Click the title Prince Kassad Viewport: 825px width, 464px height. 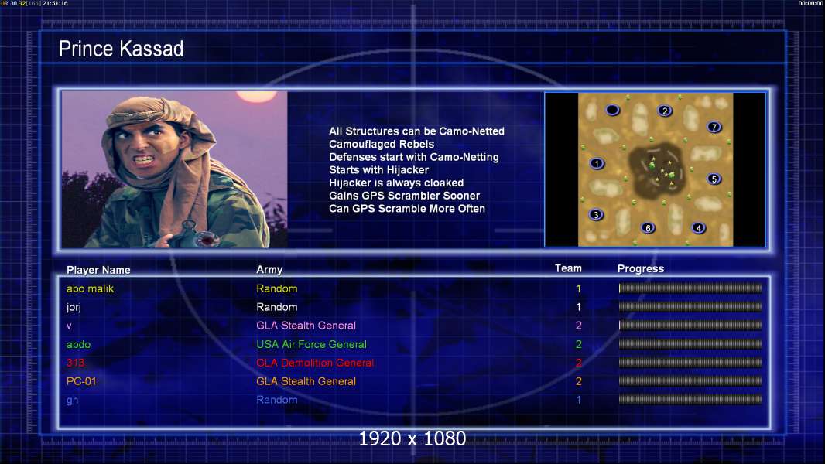coord(121,49)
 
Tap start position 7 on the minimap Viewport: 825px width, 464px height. coord(714,127)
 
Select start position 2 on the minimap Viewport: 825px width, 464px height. coord(665,111)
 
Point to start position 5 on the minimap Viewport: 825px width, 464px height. coord(714,179)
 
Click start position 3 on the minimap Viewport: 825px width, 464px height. coord(596,214)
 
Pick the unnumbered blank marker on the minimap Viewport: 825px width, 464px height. coord(612,110)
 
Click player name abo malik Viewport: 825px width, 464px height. coord(90,288)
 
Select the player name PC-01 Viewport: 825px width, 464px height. coord(81,381)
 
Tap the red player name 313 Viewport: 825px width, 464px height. coord(75,363)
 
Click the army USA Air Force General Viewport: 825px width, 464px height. coord(311,344)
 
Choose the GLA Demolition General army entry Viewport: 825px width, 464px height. coord(315,363)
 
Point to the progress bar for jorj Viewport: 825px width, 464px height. coord(690,306)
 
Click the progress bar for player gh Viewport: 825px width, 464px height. coord(690,399)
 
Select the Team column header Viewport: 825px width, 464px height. coord(568,268)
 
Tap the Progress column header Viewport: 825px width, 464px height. coord(641,268)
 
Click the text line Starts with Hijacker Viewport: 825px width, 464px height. coord(378,169)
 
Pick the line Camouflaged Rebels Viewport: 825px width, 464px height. coord(382,144)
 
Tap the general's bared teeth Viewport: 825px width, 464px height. coord(145,158)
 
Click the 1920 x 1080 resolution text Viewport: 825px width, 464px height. coord(412,438)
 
